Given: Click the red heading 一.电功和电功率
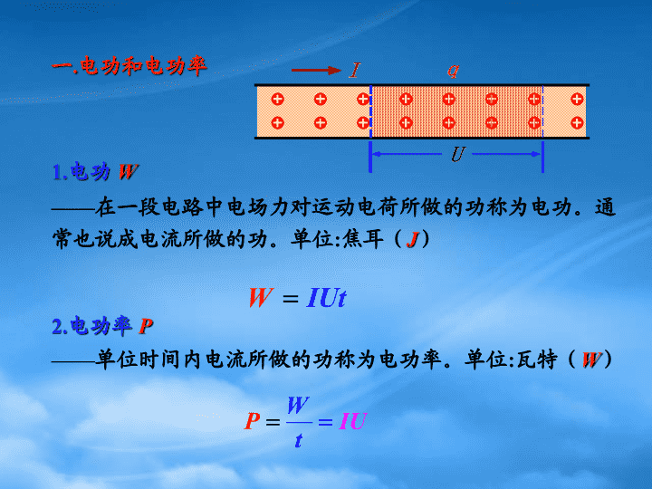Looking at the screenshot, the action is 129,66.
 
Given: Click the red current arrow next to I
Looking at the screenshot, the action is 316,71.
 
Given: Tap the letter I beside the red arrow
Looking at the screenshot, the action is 355,71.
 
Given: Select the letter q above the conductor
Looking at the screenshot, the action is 453,71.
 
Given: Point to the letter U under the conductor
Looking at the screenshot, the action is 458,154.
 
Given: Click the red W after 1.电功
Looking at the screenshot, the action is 129,172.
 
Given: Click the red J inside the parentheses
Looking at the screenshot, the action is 413,239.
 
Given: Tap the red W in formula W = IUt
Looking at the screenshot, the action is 261,298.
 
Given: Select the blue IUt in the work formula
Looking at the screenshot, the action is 326,298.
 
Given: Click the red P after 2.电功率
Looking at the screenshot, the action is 146,326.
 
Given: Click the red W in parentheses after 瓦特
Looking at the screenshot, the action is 591,360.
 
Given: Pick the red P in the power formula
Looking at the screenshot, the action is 253,421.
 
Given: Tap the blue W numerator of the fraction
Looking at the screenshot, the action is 298,405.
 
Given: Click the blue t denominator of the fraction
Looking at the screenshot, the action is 298,440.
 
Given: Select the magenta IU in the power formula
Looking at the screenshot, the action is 353,421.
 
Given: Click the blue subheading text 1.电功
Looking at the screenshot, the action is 81,171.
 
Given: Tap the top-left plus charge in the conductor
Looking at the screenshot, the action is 277,99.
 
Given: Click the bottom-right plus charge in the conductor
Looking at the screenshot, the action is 577,123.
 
